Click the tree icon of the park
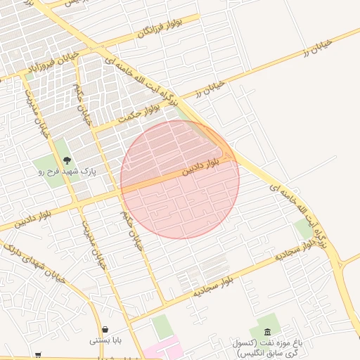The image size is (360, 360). (67, 160)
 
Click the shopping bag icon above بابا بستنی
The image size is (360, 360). (105, 329)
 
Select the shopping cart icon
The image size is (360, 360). (37, 355)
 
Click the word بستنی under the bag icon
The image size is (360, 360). (98, 340)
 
